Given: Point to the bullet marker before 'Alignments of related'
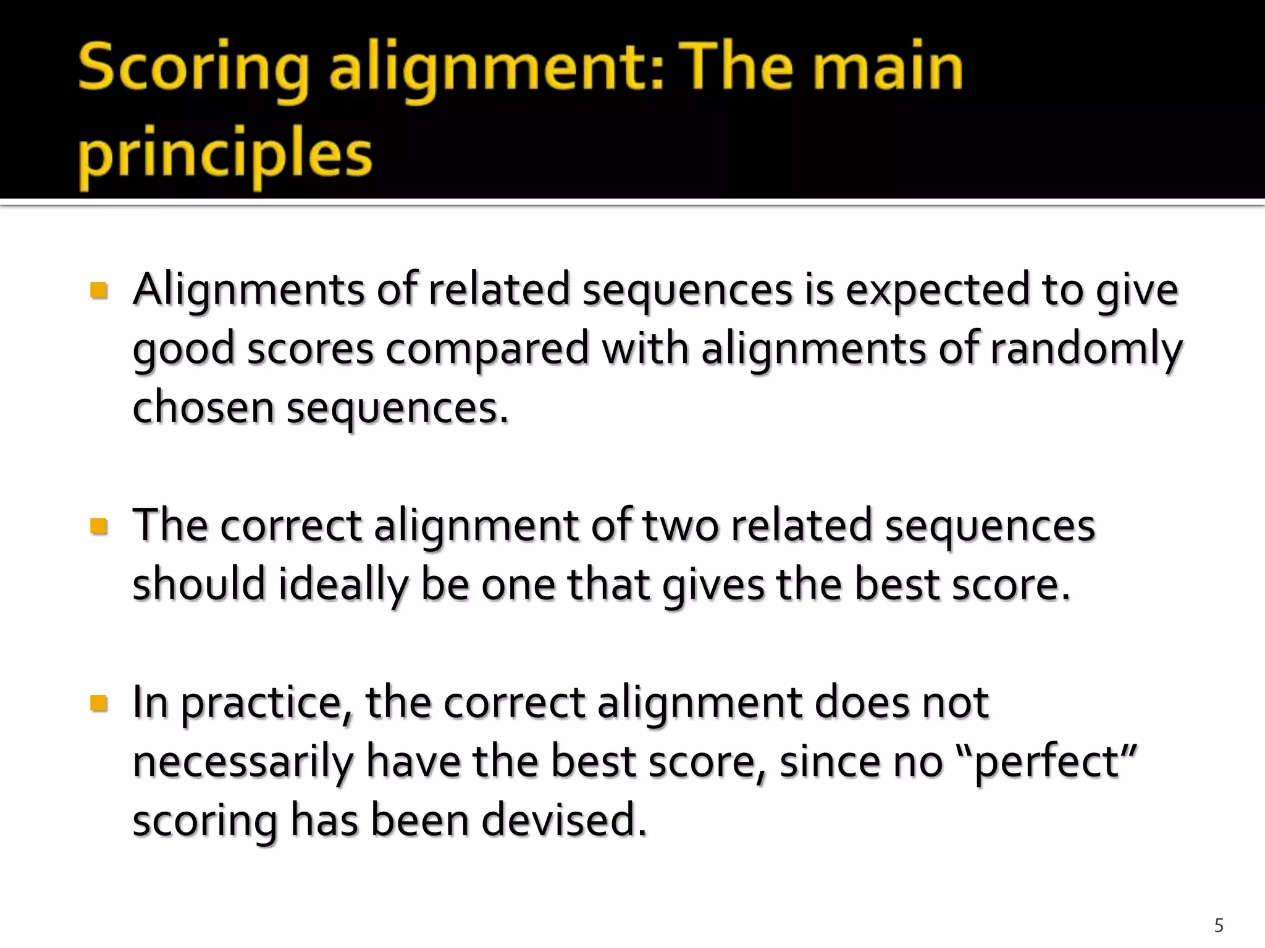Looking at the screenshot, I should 99,289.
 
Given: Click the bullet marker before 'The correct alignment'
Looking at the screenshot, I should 99,526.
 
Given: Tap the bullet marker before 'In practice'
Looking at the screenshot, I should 99,703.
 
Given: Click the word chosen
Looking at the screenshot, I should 203,407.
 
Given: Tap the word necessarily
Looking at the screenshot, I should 243,762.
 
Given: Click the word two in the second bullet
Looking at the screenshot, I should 681,526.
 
